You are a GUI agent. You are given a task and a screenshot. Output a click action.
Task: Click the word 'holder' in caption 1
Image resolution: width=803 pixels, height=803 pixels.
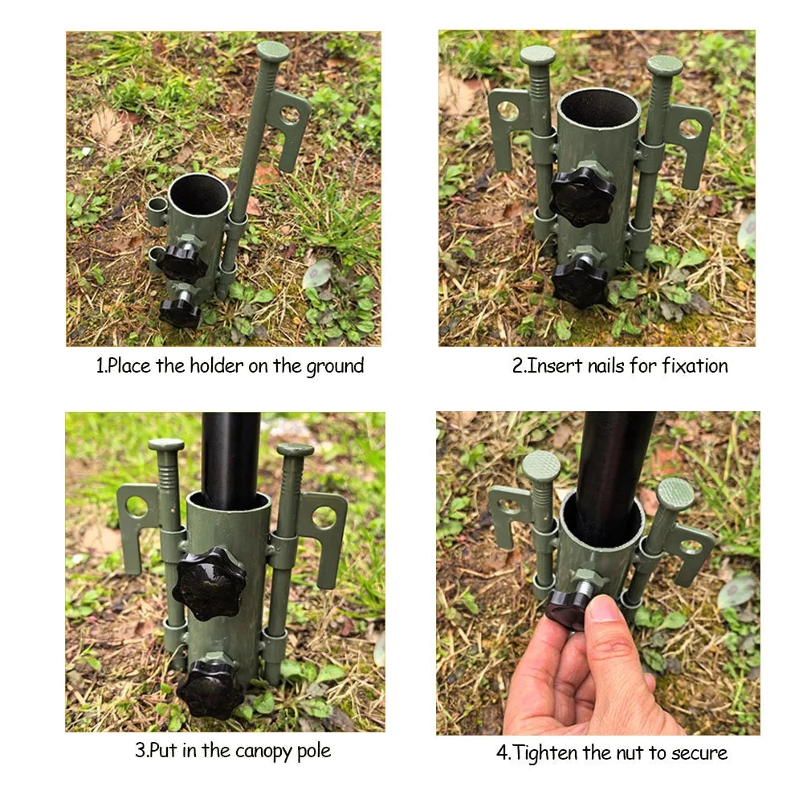pyautogui.click(x=216, y=366)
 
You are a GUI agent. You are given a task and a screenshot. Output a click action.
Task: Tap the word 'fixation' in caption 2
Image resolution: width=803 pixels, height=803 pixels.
pyautogui.click(x=695, y=366)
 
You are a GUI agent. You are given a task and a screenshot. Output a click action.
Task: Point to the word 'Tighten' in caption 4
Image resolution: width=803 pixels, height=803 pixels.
pyautogui.click(x=546, y=752)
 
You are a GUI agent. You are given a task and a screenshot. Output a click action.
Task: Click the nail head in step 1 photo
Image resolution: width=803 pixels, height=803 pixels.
pyautogui.click(x=273, y=51)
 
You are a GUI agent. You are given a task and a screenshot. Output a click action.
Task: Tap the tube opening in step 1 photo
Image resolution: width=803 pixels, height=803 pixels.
pyautogui.click(x=199, y=192)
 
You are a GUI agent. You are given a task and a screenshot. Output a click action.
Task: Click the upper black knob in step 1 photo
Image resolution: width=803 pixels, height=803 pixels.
pyautogui.click(x=181, y=261)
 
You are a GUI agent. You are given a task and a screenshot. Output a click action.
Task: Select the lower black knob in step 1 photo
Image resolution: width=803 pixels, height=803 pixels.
pyautogui.click(x=179, y=312)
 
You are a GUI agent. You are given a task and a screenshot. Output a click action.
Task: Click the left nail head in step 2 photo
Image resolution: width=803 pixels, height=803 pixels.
pyautogui.click(x=537, y=55)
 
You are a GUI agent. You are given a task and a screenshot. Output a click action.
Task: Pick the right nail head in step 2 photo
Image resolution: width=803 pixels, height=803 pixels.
pyautogui.click(x=664, y=64)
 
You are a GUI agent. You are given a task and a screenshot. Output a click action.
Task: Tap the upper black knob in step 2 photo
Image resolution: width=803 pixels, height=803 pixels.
pyautogui.click(x=583, y=195)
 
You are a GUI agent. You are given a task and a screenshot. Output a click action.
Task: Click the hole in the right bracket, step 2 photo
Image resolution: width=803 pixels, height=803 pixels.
pyautogui.click(x=690, y=128)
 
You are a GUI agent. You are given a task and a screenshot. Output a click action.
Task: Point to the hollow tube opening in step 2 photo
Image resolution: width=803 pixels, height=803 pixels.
pyautogui.click(x=598, y=107)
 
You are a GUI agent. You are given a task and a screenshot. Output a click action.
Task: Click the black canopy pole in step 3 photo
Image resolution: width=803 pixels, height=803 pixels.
pyautogui.click(x=230, y=458)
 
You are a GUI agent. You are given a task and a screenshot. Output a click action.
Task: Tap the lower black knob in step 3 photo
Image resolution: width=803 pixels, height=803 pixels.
pyautogui.click(x=210, y=689)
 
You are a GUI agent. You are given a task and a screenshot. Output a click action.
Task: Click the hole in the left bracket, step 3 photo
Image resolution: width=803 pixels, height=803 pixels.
pyautogui.click(x=137, y=506)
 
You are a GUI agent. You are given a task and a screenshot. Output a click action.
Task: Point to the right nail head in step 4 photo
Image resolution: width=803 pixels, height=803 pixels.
pyautogui.click(x=675, y=493)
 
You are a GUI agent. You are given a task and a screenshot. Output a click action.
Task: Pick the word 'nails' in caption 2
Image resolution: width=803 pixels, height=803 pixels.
pyautogui.click(x=601, y=366)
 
